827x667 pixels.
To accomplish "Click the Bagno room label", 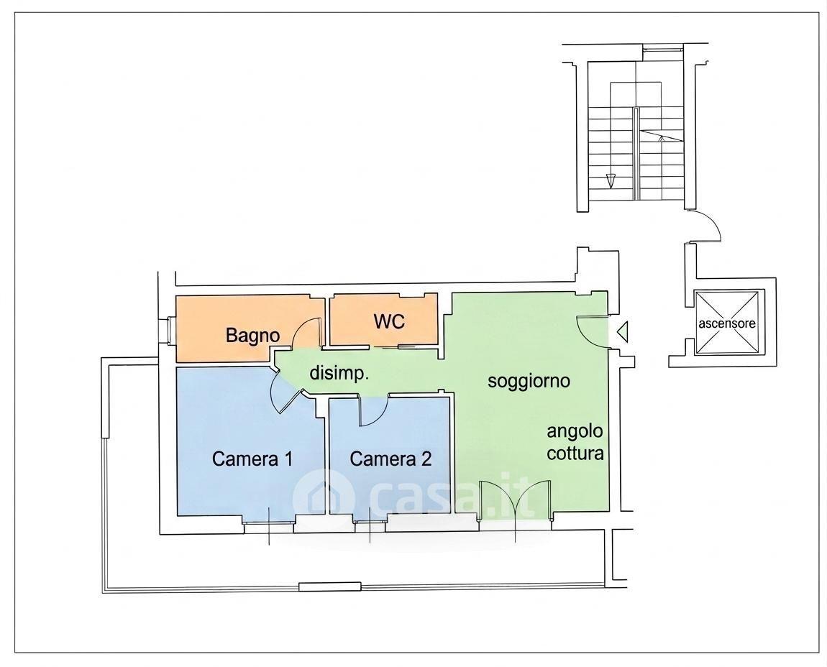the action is (252, 336).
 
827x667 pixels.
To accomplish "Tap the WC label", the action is (389, 321).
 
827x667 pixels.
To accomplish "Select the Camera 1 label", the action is (252, 459).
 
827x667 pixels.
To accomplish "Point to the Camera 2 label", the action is (390, 459).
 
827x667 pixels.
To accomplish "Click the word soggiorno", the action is (529, 381).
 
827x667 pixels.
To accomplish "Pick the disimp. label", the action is (339, 373).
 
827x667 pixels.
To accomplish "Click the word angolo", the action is (575, 432).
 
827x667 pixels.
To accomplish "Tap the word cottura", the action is (575, 453).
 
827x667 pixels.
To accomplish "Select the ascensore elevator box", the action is (727, 323).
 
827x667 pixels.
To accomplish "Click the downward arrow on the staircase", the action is (611, 180).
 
